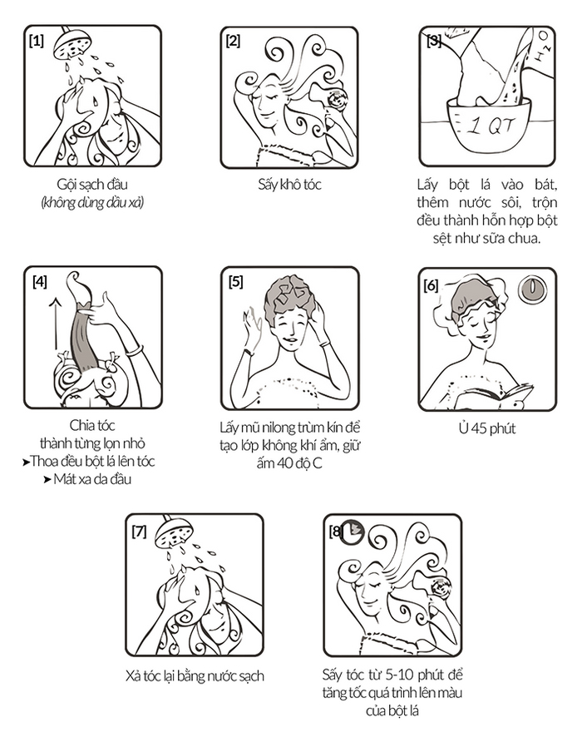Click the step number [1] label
[37, 41]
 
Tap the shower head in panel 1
[72, 43]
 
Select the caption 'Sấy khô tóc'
[290, 185]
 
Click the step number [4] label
[40, 282]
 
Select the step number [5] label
[236, 282]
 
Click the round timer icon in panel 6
[531, 288]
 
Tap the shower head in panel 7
[174, 532]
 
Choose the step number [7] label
[139, 532]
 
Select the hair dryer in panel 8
[441, 586]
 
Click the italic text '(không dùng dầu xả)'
[92, 203]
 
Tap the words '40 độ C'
[299, 463]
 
